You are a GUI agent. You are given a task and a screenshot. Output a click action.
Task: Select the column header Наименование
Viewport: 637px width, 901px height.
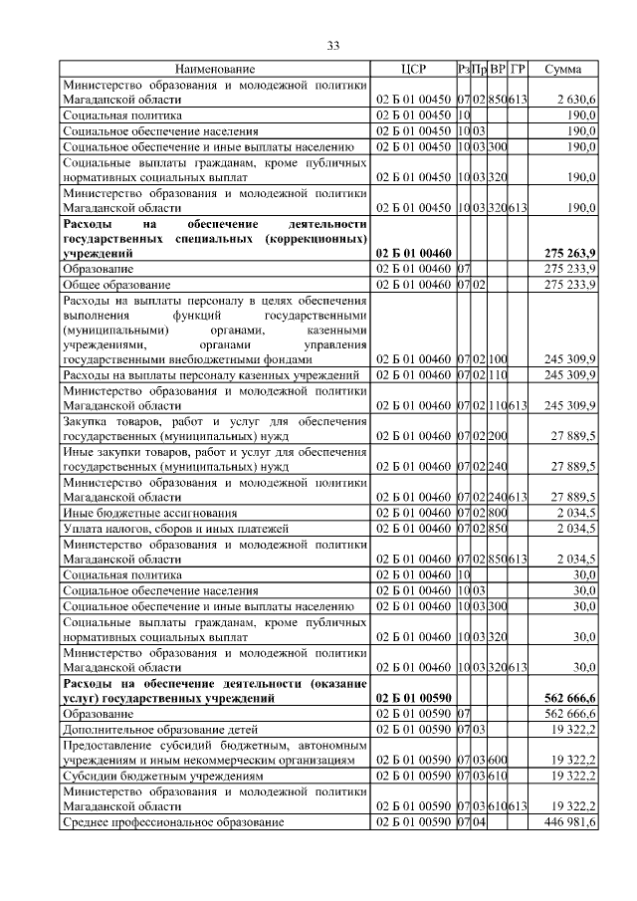pos(215,70)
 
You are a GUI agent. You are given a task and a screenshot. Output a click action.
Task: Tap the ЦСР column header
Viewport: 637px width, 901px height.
pos(412,70)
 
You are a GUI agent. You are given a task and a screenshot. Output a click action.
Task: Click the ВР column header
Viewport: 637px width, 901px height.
pos(498,70)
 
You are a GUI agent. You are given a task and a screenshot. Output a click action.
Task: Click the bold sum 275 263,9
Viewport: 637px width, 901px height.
pos(566,255)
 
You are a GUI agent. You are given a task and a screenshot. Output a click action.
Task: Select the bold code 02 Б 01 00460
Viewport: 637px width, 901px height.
pos(412,255)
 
